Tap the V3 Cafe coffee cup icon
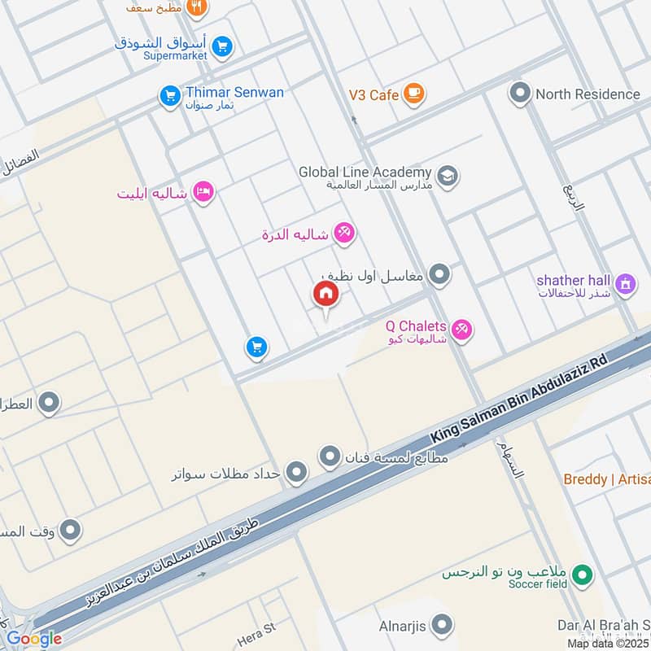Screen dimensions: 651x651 (414, 94)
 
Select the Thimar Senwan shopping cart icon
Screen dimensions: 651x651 (169, 97)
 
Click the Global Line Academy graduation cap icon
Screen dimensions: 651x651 (447, 175)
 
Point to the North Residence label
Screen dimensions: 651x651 (588, 94)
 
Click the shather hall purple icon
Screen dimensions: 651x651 (625, 284)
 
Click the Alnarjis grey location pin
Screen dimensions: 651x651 (441, 625)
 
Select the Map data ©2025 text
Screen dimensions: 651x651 (609, 643)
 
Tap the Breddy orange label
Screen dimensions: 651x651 (606, 479)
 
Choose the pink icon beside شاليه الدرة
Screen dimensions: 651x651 (344, 234)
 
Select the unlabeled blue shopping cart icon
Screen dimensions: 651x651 (256, 348)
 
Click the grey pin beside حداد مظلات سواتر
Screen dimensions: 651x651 (297, 471)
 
